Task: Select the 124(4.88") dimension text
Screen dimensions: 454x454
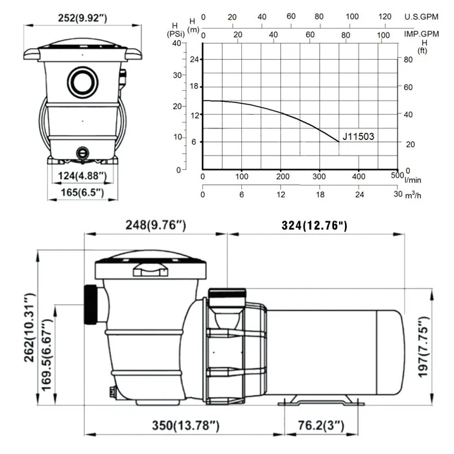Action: (82, 175)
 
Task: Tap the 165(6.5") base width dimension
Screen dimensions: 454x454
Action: (82, 193)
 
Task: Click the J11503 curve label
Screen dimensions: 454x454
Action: (358, 137)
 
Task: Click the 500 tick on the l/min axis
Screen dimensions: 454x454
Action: (396, 176)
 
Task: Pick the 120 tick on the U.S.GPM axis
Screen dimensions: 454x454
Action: (385, 17)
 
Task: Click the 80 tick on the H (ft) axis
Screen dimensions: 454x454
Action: (409, 60)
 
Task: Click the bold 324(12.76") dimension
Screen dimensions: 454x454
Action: (314, 225)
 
